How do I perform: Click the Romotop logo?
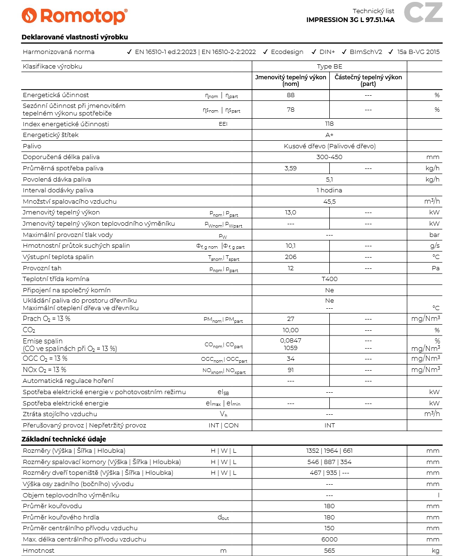pos(74,15)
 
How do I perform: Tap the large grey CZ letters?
pos(423,13)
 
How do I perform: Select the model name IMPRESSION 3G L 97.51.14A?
pos(350,20)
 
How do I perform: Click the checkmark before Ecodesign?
pos(266,52)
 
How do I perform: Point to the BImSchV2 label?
pos(366,52)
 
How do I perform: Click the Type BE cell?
pos(329,66)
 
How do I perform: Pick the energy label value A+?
pos(329,135)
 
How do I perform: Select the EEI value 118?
pos(329,124)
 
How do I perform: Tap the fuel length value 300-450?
pos(329,157)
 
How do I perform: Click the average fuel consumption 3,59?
pos(290,168)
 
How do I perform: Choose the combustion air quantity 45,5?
pos(329,202)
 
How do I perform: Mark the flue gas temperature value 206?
pos(290,257)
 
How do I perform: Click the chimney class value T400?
pos(329,279)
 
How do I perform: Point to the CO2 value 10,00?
pos(290,330)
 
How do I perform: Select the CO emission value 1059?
pos(290,348)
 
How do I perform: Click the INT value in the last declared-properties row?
pos(329,425)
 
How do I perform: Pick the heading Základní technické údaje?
pos(64,439)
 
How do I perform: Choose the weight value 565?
pos(329,550)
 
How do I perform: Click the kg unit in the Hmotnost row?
pos(435,550)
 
